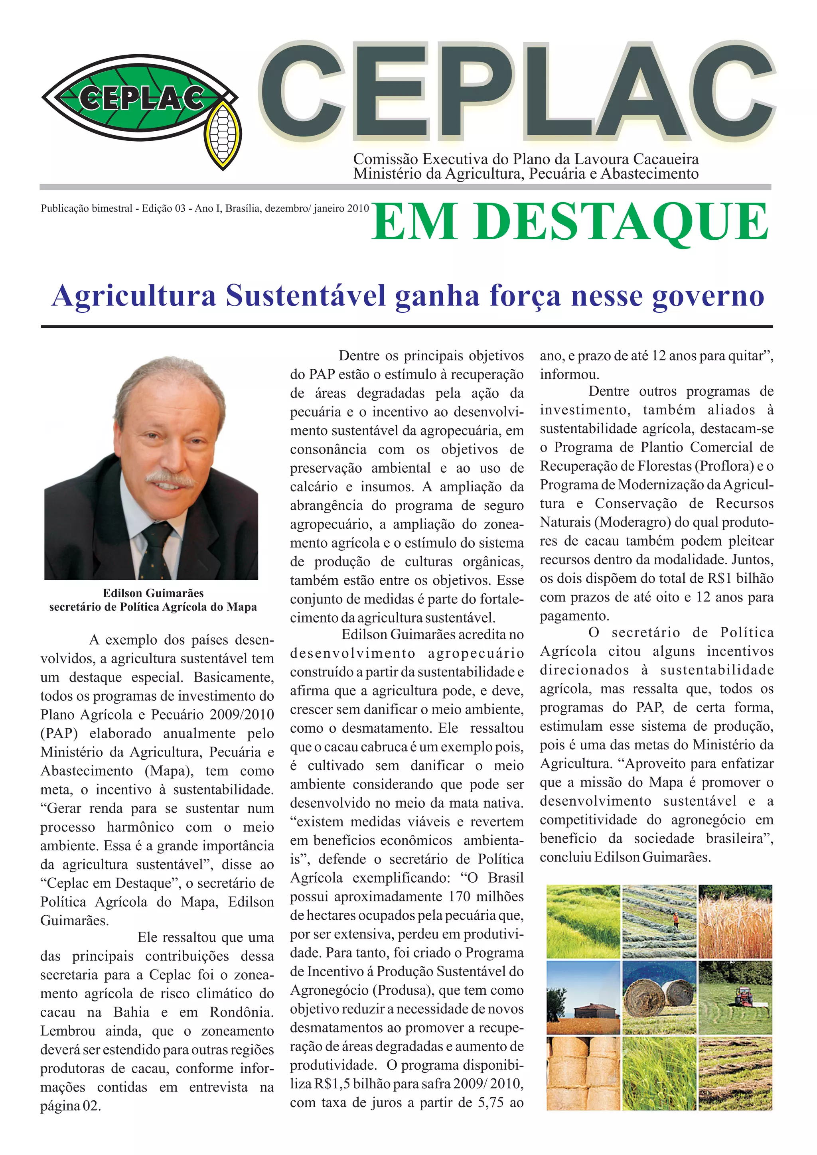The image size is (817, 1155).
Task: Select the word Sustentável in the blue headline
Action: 305,296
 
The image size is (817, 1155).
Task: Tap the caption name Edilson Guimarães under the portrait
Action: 153,593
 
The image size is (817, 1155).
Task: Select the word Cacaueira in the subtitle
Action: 665,160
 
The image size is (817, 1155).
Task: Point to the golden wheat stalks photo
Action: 735,922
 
